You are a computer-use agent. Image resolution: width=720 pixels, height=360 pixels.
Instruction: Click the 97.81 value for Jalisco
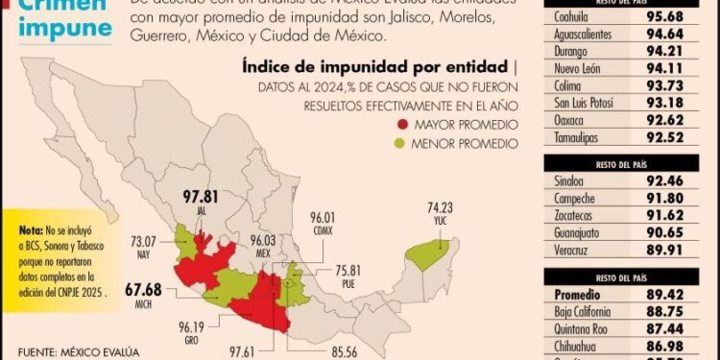click(x=203, y=197)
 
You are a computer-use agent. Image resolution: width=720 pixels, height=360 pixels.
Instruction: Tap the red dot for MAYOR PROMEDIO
click(x=400, y=125)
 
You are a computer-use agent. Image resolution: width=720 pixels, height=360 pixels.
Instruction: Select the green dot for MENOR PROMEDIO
click(x=400, y=143)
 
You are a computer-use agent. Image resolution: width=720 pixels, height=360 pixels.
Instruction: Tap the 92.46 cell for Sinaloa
click(x=668, y=179)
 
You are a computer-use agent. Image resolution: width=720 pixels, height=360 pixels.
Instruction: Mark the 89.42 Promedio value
click(x=668, y=291)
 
